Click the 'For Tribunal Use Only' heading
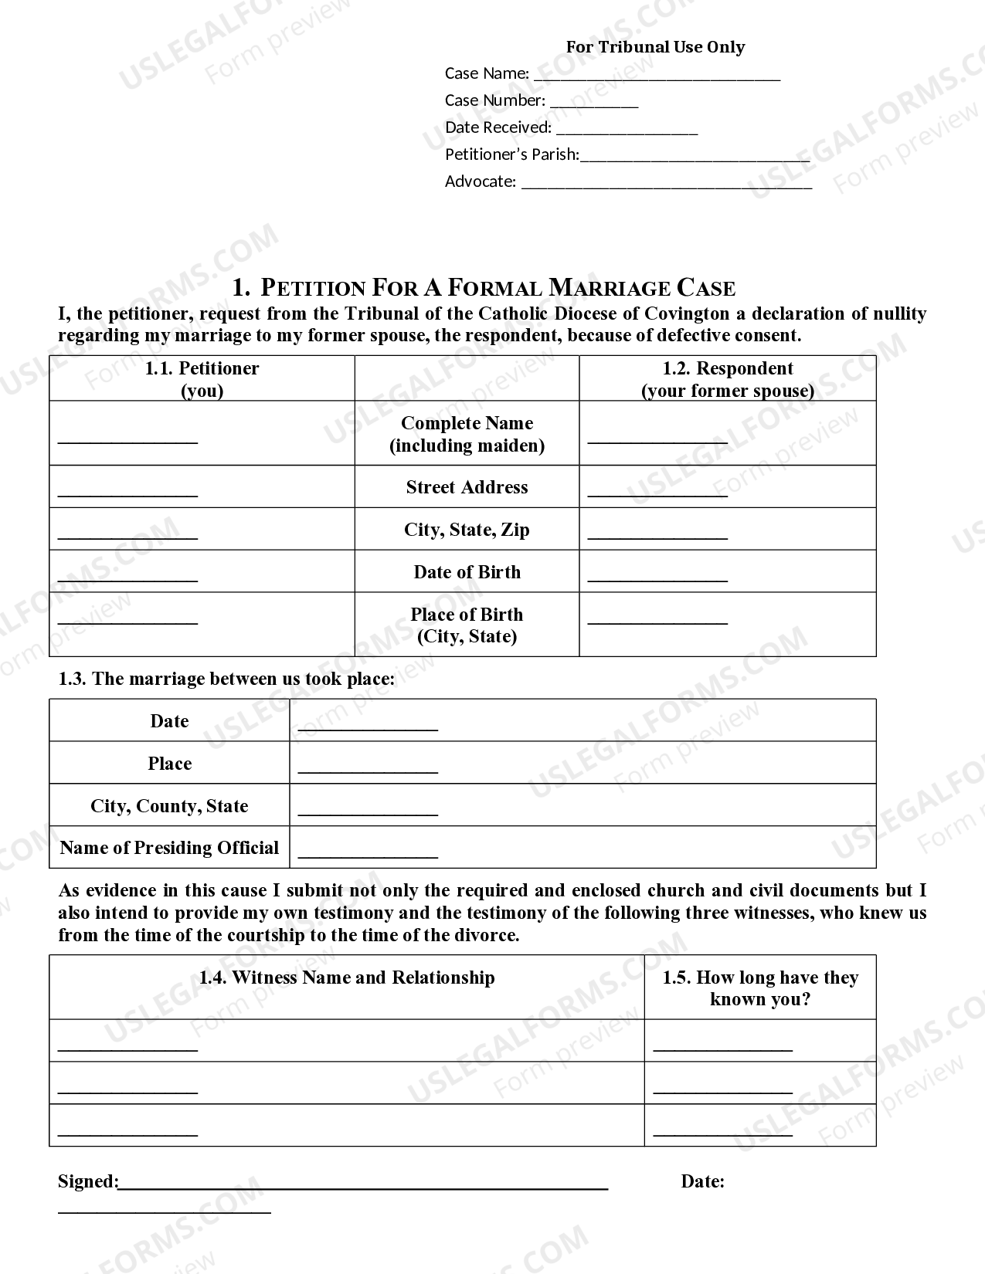[655, 47]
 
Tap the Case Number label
[494, 100]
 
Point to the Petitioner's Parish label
[511, 154]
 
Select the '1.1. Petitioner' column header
[202, 369]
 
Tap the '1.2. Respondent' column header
[728, 369]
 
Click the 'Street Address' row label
[467, 487]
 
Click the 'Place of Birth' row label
[467, 615]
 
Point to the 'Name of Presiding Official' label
[169, 848]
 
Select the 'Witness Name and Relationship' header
[347, 978]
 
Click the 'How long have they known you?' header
[760, 988]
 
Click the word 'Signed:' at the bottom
[88, 1181]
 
